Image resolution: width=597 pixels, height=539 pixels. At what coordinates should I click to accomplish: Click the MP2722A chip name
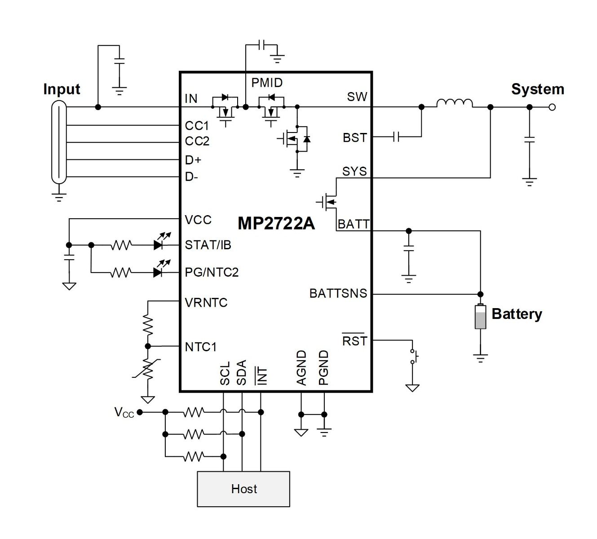pos(276,223)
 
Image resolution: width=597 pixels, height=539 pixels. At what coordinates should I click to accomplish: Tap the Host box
pos(243,489)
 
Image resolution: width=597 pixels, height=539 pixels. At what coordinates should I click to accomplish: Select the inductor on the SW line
pos(454,103)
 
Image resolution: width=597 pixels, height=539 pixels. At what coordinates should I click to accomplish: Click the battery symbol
pos(480,316)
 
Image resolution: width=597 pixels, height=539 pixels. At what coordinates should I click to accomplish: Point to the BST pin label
pos(355,138)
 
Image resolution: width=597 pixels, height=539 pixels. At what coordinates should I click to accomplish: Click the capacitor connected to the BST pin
pos(396,137)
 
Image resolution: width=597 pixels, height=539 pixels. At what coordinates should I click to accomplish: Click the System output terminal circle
pos(552,107)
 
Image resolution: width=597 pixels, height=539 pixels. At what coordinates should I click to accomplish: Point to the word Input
pos(62,89)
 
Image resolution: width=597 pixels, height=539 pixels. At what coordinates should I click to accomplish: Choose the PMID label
pos(267,83)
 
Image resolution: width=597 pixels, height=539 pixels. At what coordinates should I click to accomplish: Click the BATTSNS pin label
pos(338,293)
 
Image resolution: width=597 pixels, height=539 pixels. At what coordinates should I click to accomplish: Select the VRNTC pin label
pos(206,303)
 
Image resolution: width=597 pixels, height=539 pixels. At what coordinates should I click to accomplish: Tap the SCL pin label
pos(225,373)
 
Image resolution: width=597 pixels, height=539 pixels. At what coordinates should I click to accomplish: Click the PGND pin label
pos(323,367)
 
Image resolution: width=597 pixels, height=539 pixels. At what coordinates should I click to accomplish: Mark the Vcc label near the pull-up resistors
pos(124,412)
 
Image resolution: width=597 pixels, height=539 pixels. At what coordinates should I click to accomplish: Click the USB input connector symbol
pos(59,142)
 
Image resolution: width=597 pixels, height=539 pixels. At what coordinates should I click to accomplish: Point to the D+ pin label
pos(193,160)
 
